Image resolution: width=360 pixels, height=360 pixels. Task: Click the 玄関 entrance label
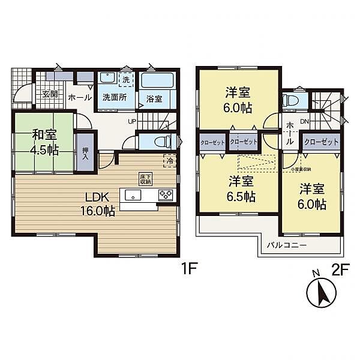click(x=50, y=94)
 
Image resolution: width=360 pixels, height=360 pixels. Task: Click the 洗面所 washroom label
click(x=114, y=98)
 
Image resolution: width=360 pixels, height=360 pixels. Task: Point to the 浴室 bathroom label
click(x=155, y=99)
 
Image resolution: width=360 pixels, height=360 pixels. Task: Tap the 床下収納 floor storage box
click(x=145, y=178)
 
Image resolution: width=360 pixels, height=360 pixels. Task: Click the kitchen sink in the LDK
click(x=133, y=196)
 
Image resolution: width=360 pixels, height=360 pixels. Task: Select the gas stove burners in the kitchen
click(x=166, y=196)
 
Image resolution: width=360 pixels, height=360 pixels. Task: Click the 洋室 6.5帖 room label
click(x=239, y=187)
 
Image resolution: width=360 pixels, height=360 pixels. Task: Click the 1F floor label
click(x=188, y=269)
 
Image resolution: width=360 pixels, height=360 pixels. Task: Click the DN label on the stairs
click(x=305, y=122)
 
